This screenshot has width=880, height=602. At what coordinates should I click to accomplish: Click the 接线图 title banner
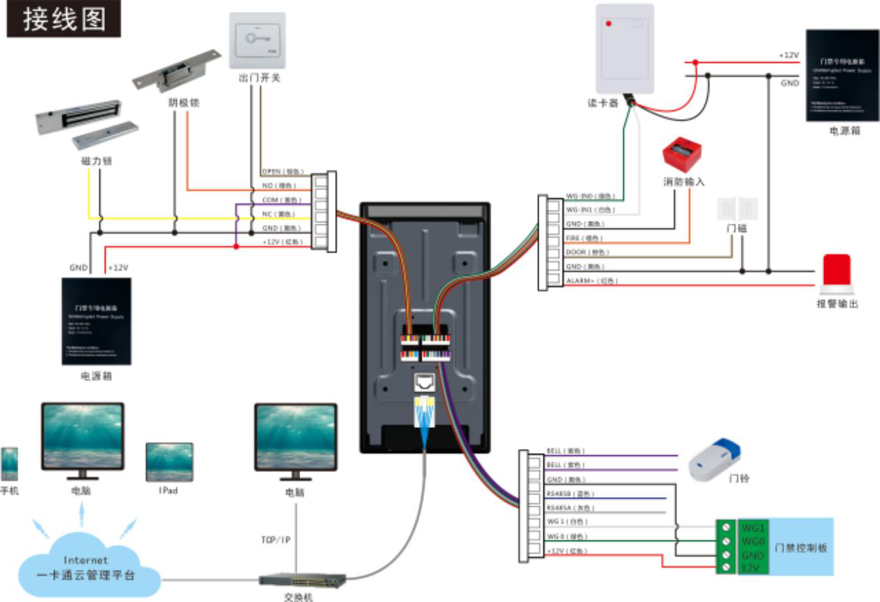(64, 19)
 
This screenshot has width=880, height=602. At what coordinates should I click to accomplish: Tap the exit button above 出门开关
(257, 40)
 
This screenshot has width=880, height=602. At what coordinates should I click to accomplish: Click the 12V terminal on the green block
(750, 568)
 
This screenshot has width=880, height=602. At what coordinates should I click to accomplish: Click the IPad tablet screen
(169, 461)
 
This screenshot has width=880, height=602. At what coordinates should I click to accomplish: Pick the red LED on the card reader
(609, 24)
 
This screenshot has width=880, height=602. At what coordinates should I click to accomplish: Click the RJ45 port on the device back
(424, 382)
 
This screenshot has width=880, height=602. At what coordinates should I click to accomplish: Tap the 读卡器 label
(603, 103)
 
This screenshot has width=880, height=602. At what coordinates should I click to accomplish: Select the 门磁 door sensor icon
(737, 208)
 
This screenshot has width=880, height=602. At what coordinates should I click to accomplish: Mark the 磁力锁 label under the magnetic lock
(97, 161)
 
